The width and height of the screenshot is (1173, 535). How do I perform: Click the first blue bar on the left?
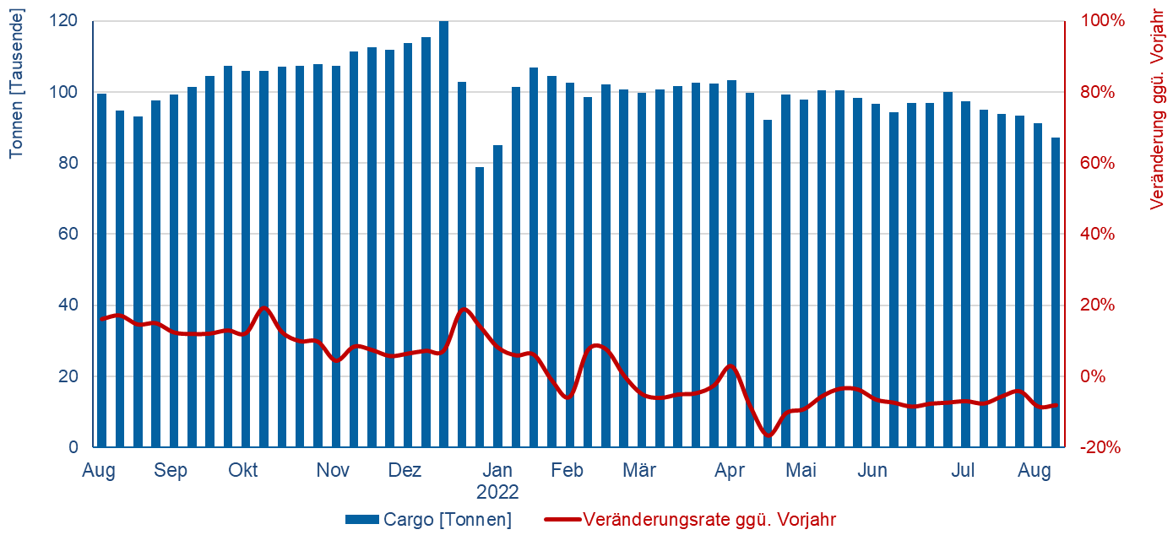pyautogui.click(x=101, y=270)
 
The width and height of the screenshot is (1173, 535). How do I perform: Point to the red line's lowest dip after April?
pyautogui.click(x=768, y=435)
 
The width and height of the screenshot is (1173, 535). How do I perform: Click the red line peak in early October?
pyautogui.click(x=263, y=308)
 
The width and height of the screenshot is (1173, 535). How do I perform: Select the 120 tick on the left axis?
pyautogui.click(x=68, y=20)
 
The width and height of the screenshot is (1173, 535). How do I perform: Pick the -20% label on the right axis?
pyautogui.click(x=1101, y=447)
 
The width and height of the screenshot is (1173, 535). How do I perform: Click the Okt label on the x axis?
pyautogui.click(x=243, y=471)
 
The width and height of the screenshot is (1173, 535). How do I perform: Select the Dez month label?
pyautogui.click(x=405, y=471)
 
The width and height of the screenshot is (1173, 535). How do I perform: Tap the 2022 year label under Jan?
pyautogui.click(x=497, y=492)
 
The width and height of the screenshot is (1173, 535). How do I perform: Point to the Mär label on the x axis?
pyautogui.click(x=639, y=471)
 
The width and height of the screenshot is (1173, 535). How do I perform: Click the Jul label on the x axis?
pyautogui.click(x=964, y=471)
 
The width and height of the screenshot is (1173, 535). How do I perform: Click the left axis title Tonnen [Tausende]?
pyautogui.click(x=16, y=84)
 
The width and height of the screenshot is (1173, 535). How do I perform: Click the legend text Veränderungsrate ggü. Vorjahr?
pyautogui.click(x=709, y=520)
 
